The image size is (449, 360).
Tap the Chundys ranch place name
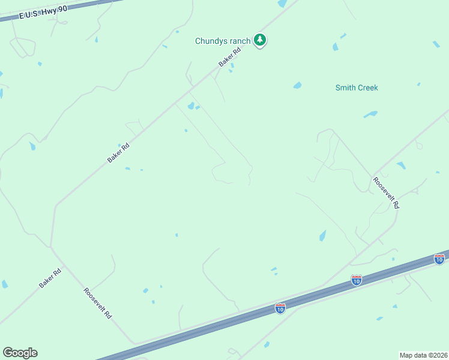(223, 41)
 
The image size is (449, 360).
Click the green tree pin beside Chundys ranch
(260, 40)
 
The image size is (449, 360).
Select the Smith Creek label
(357, 88)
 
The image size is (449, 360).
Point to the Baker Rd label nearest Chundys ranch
(229, 58)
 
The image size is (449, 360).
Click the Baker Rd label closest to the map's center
(119, 153)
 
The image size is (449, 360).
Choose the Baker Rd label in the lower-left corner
(50, 278)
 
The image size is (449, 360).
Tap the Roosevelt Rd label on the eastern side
(386, 192)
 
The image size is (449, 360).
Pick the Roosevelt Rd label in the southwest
(98, 303)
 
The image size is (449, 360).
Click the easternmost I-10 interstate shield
(439, 259)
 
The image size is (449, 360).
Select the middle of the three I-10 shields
(357, 280)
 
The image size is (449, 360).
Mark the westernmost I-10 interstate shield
(280, 308)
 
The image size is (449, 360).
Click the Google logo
(20, 353)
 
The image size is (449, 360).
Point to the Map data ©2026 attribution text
(423, 355)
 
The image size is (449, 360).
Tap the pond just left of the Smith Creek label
(297, 85)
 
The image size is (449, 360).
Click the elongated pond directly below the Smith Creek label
(370, 113)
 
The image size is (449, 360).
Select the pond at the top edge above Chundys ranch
(282, 3)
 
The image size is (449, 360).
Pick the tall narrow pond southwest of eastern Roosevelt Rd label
(322, 235)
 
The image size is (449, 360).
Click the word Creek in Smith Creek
(368, 88)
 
